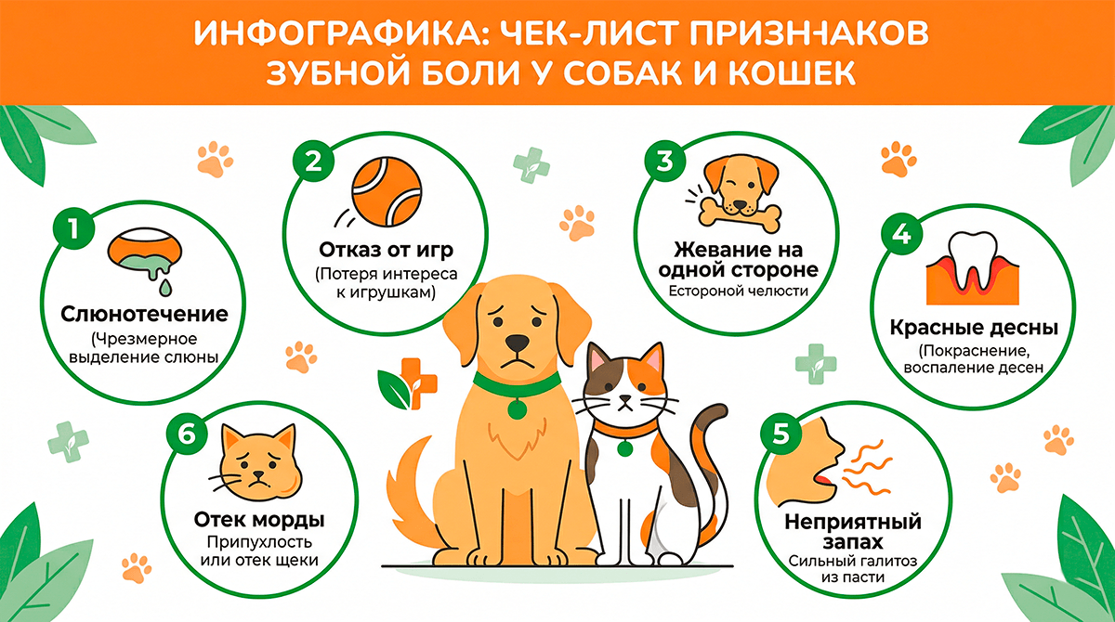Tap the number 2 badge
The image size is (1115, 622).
pyautogui.click(x=314, y=162)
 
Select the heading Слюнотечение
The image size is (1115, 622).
pyautogui.click(x=144, y=313)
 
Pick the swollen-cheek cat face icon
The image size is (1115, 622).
pyautogui.click(x=256, y=460)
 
